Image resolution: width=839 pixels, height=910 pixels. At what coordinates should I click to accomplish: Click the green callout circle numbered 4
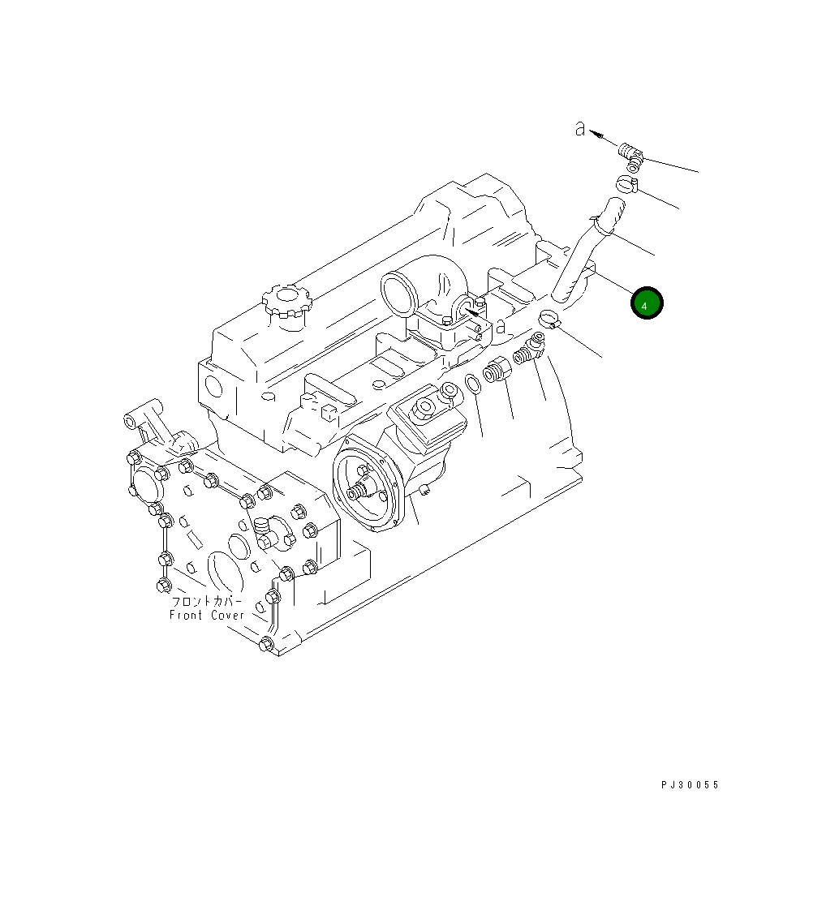(x=647, y=304)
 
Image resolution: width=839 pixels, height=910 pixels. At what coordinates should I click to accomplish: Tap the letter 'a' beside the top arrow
(x=580, y=129)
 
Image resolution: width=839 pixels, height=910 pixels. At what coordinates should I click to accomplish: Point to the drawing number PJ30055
(x=690, y=785)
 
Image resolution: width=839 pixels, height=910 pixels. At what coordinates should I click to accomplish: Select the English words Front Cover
(x=206, y=616)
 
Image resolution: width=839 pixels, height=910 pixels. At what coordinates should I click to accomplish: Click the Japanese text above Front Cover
(x=206, y=602)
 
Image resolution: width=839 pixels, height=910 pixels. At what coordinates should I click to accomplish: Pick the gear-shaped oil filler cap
(x=287, y=301)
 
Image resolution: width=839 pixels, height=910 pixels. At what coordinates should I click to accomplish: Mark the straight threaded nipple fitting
(x=494, y=374)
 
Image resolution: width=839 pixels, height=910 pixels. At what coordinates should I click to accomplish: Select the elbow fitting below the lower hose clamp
(x=528, y=351)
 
